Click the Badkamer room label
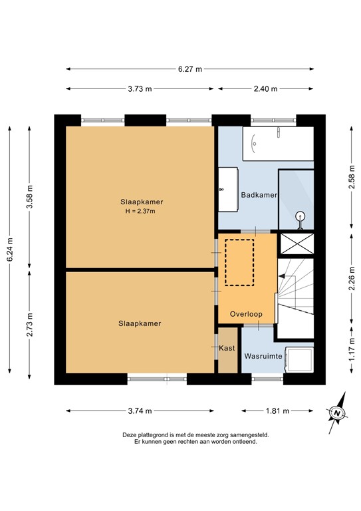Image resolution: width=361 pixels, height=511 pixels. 258,195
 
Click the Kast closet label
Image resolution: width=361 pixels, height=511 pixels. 227,348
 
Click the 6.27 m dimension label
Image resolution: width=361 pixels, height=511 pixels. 189,69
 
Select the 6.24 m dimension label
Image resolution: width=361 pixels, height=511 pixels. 10,250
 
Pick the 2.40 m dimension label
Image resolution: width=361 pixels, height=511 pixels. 267,88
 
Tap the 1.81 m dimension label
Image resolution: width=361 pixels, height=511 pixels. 278,411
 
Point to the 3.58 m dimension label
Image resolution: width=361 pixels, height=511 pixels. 29,196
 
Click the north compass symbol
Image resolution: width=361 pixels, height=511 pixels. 338,414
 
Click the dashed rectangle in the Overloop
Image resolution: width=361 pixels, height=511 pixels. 239,262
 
